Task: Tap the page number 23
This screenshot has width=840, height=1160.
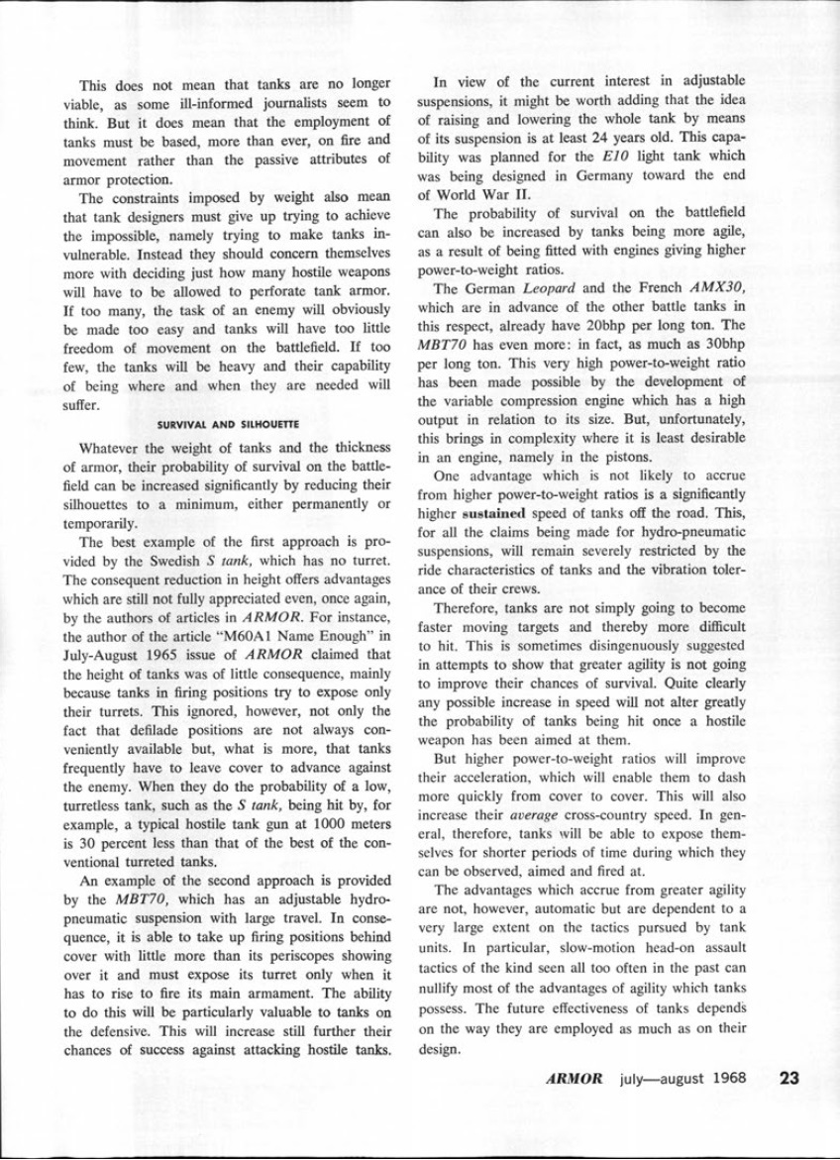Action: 788,1079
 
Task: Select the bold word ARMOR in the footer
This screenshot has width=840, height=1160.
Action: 574,1079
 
